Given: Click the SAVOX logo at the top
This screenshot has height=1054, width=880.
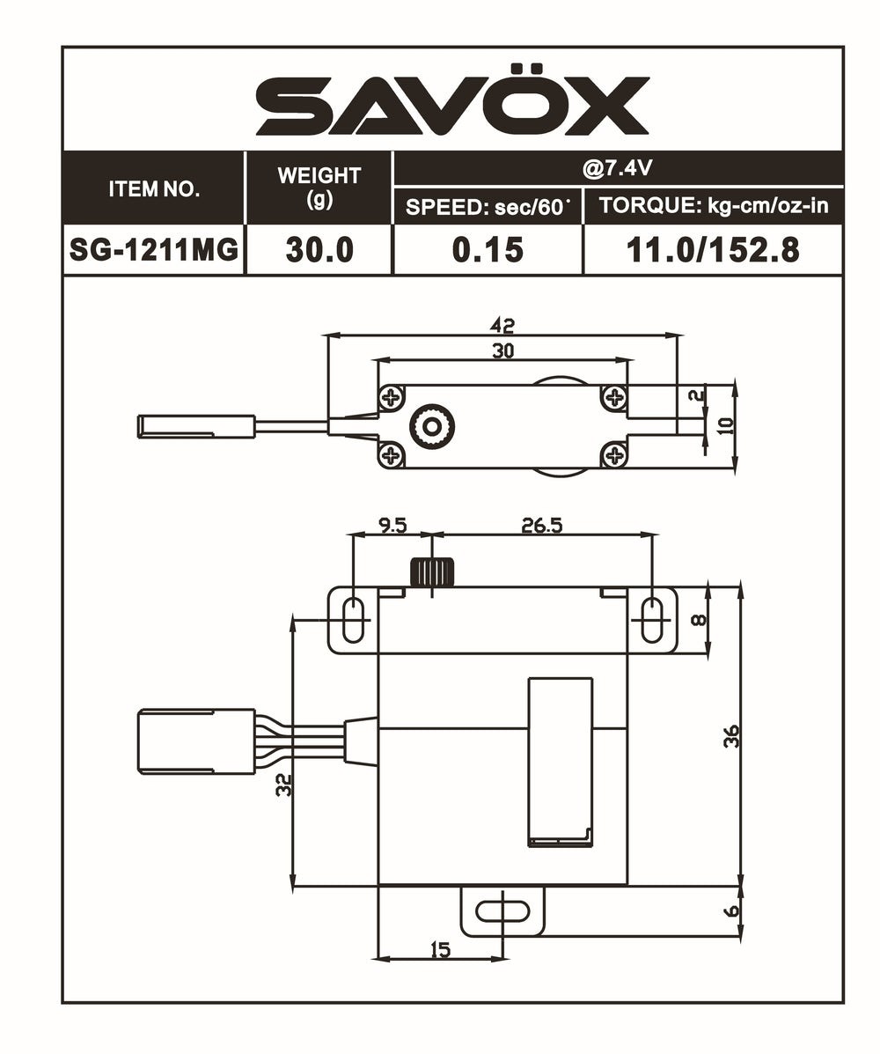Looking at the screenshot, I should [452, 106].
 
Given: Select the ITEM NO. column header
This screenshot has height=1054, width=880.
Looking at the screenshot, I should [154, 188].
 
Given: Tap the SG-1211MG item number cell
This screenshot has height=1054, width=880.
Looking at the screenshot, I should [154, 250].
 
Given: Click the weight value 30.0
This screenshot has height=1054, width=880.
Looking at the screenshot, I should [319, 250].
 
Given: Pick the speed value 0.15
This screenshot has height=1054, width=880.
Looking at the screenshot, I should [488, 250].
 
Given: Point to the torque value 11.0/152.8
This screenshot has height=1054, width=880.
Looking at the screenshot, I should [713, 250].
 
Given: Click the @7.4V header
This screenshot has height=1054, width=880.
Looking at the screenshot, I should [618, 167].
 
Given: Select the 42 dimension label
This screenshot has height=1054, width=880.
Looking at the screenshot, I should [502, 325].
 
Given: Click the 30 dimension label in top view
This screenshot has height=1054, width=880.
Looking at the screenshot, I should [502, 350].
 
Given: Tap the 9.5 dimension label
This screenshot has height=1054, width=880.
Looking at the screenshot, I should [392, 525].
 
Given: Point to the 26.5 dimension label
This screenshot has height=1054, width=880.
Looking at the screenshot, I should [541, 525].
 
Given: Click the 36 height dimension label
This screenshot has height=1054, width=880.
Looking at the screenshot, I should [731, 736].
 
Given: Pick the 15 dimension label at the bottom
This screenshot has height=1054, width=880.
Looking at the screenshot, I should [440, 949].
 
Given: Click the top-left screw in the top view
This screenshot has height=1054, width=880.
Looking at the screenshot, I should [391, 398].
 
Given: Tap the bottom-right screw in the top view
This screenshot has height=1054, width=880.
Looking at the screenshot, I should [613, 454].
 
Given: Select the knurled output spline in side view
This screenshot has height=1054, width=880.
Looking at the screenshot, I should [432, 572].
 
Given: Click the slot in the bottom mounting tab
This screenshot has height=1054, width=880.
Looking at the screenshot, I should [502, 910].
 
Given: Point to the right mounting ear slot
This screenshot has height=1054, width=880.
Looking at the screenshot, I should [652, 620].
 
